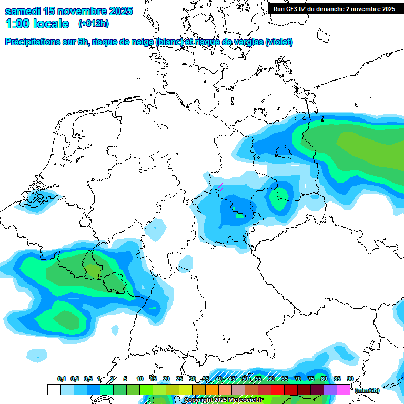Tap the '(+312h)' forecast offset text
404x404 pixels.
pos(93,24)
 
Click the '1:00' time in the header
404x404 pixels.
pos(17,24)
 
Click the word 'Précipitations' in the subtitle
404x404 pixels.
pos(32,42)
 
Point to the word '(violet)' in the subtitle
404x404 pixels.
pos(279,42)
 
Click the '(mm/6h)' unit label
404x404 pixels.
pos(367,390)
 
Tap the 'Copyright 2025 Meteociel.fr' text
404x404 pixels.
pos(223,400)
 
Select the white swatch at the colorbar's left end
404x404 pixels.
pos(54,390)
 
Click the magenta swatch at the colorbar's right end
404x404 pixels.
pos(344,390)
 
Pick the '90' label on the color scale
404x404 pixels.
pos(350,379)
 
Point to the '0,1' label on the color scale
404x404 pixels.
pos(61,379)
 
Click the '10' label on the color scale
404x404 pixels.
pos(140,379)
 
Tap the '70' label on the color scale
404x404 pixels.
pos(298,379)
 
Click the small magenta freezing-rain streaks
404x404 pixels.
pos(220,186)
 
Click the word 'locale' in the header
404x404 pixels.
pos(51,24)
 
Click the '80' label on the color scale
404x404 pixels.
pos(324,379)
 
